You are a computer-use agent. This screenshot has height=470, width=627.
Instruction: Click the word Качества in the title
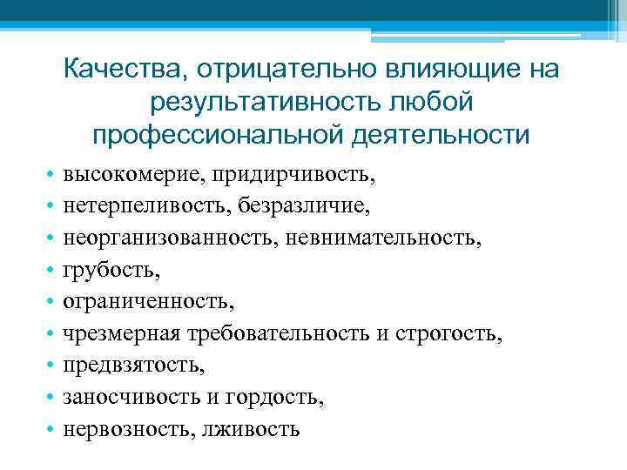point(125,68)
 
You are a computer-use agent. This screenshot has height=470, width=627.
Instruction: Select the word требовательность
point(282,333)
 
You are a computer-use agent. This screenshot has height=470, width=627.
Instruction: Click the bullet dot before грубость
point(54,271)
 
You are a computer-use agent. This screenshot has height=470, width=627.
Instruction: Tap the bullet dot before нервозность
point(54,429)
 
